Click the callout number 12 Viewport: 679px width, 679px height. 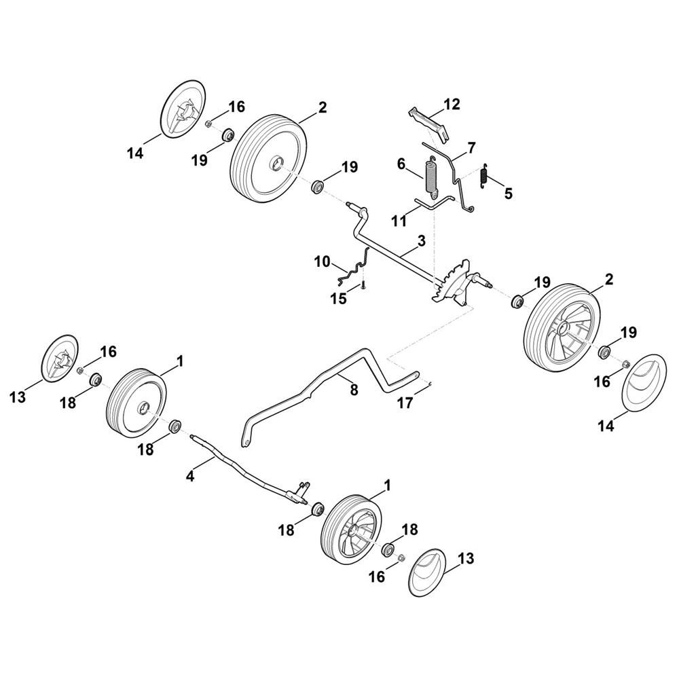[452, 105]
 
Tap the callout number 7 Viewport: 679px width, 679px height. [471, 147]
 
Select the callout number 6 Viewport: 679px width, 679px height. [401, 164]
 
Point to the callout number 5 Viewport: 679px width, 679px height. [508, 194]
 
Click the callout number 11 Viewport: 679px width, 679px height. [399, 221]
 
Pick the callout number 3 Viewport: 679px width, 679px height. [422, 241]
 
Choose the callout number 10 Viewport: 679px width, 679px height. [322, 262]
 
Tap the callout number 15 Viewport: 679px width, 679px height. [339, 298]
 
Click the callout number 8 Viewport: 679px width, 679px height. [354, 390]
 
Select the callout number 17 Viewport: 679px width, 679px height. [405, 403]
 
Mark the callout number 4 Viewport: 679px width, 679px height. [189, 477]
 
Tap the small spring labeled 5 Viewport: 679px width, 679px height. [485, 177]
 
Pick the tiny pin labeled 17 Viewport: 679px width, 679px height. [430, 382]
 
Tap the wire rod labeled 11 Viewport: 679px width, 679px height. [435, 202]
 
